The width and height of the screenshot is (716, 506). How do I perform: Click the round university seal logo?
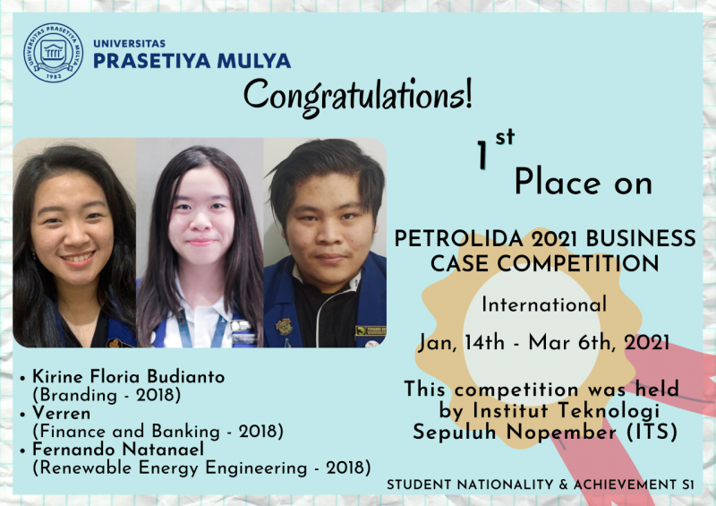54,53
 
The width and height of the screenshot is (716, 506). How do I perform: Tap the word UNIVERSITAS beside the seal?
129,44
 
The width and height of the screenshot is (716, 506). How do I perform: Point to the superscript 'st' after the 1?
505,137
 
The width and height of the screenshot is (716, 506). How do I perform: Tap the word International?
544,304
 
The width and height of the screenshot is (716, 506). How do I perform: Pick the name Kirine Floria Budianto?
129,377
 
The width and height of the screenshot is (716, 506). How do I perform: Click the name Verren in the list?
62,413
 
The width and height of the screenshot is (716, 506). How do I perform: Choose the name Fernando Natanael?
118,449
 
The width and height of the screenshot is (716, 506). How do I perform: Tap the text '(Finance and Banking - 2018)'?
158,431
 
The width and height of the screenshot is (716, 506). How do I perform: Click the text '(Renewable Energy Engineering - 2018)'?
201,467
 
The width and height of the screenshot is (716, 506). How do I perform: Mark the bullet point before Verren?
22,415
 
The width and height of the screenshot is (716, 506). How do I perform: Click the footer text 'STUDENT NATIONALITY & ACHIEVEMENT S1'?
541,485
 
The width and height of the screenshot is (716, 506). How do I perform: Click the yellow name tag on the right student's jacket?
371,330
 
